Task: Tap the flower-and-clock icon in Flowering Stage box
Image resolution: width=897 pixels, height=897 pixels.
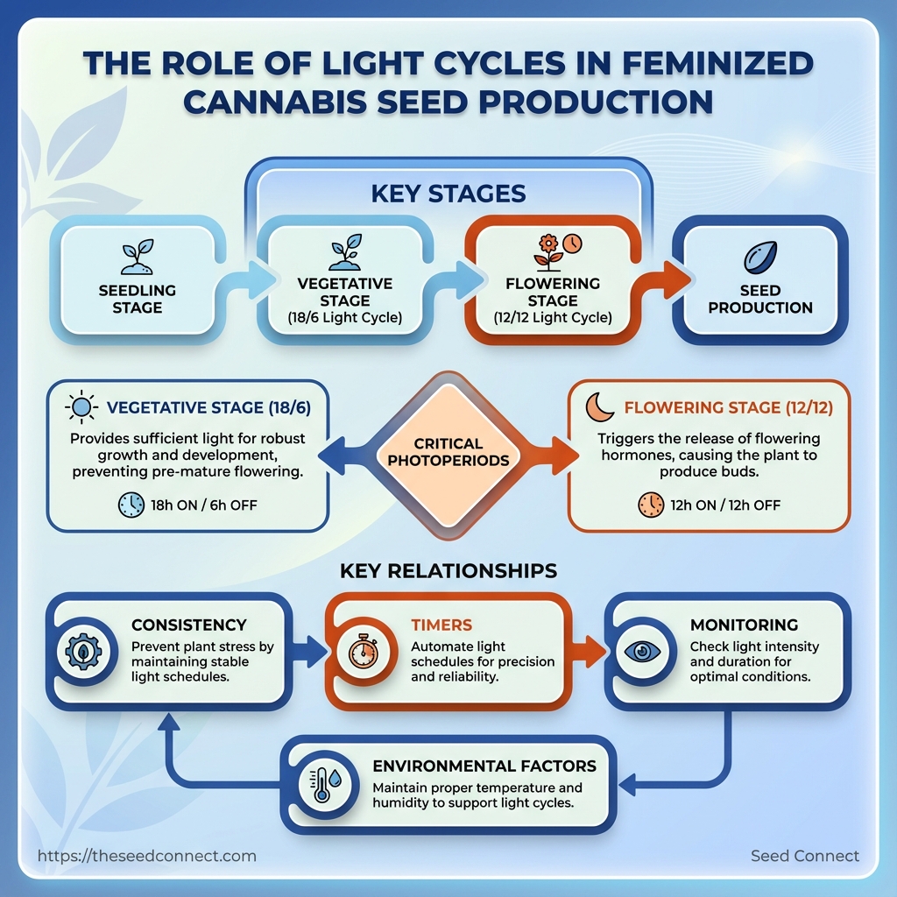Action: click(x=557, y=251)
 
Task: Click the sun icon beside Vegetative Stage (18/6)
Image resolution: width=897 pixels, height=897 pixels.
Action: click(x=81, y=407)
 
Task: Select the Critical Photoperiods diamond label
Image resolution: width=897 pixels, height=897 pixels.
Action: click(x=448, y=452)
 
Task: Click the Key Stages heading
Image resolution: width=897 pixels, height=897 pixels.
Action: click(x=448, y=193)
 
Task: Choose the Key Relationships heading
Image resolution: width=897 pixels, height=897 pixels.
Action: click(x=448, y=571)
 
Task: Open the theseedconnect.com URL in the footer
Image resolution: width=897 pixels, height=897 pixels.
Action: click(x=147, y=856)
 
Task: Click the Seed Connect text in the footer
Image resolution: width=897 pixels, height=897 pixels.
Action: click(x=805, y=856)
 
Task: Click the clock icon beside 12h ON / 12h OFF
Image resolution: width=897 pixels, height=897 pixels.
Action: click(x=651, y=505)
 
